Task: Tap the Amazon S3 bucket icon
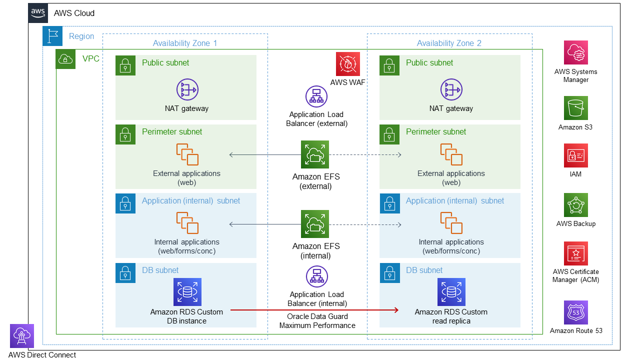[x=575, y=108]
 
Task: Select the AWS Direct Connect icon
[x=22, y=336]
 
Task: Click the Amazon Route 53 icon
[x=575, y=312]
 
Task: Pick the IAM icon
[x=575, y=155]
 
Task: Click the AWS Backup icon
[x=575, y=205]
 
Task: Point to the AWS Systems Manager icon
[x=575, y=52]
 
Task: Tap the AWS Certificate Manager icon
[x=575, y=253]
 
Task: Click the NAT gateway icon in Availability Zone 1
[x=187, y=90]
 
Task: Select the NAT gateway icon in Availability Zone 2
[x=451, y=90]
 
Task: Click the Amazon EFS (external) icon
[x=315, y=154]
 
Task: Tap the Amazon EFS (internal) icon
[x=315, y=224]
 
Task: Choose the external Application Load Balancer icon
[x=316, y=96]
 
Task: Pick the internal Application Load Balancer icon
[x=316, y=276]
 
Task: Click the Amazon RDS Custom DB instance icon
[x=187, y=292]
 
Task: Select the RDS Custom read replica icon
[x=451, y=292]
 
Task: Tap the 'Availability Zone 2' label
[x=449, y=43]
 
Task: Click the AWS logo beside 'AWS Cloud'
[x=38, y=13]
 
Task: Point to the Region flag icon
[x=52, y=36]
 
